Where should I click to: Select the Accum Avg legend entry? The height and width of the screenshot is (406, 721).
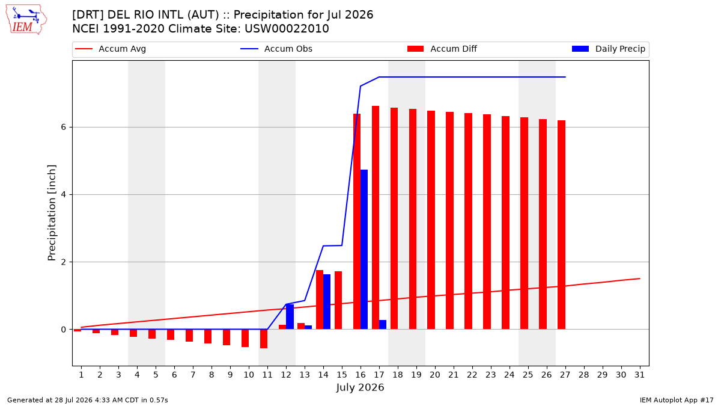(111, 49)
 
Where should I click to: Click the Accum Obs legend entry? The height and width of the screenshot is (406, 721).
(276, 49)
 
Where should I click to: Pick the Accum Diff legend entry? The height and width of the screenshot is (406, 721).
(442, 49)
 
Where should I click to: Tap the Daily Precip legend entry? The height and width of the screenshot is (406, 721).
(608, 49)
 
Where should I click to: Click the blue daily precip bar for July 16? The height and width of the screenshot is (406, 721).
(364, 250)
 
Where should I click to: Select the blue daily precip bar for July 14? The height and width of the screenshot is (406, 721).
(327, 302)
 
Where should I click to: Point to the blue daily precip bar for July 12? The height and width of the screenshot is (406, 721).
(290, 317)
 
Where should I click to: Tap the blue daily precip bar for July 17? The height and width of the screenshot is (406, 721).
(383, 325)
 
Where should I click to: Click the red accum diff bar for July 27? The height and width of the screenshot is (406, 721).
(561, 225)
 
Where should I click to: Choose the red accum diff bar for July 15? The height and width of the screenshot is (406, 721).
(338, 300)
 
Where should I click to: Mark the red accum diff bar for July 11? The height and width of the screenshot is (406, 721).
(264, 339)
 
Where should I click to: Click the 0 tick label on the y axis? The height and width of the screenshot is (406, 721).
(63, 330)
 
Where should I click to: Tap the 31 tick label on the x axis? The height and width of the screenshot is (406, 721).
(639, 375)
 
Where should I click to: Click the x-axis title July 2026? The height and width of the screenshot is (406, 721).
(360, 387)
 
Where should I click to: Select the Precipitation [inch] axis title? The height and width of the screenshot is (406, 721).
(52, 213)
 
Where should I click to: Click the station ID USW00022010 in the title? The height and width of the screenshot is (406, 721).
(287, 29)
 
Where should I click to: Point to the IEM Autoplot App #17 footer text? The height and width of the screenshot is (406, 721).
(677, 400)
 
